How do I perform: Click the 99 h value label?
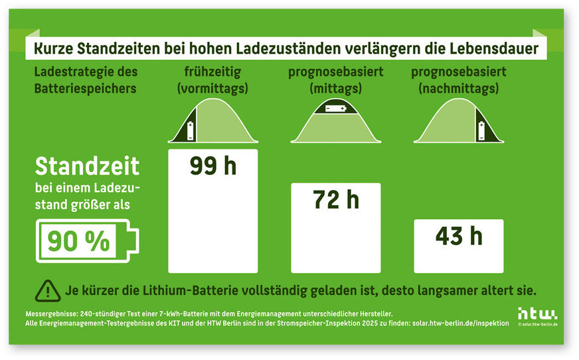point(213,166)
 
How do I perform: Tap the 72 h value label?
point(336,200)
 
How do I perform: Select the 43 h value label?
point(458,236)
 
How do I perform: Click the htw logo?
point(538,313)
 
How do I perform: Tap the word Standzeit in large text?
point(87,166)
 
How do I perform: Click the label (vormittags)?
point(212,88)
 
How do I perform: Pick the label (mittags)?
point(335,88)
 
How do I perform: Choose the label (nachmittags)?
point(458,88)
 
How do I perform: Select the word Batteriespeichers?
point(85,88)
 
